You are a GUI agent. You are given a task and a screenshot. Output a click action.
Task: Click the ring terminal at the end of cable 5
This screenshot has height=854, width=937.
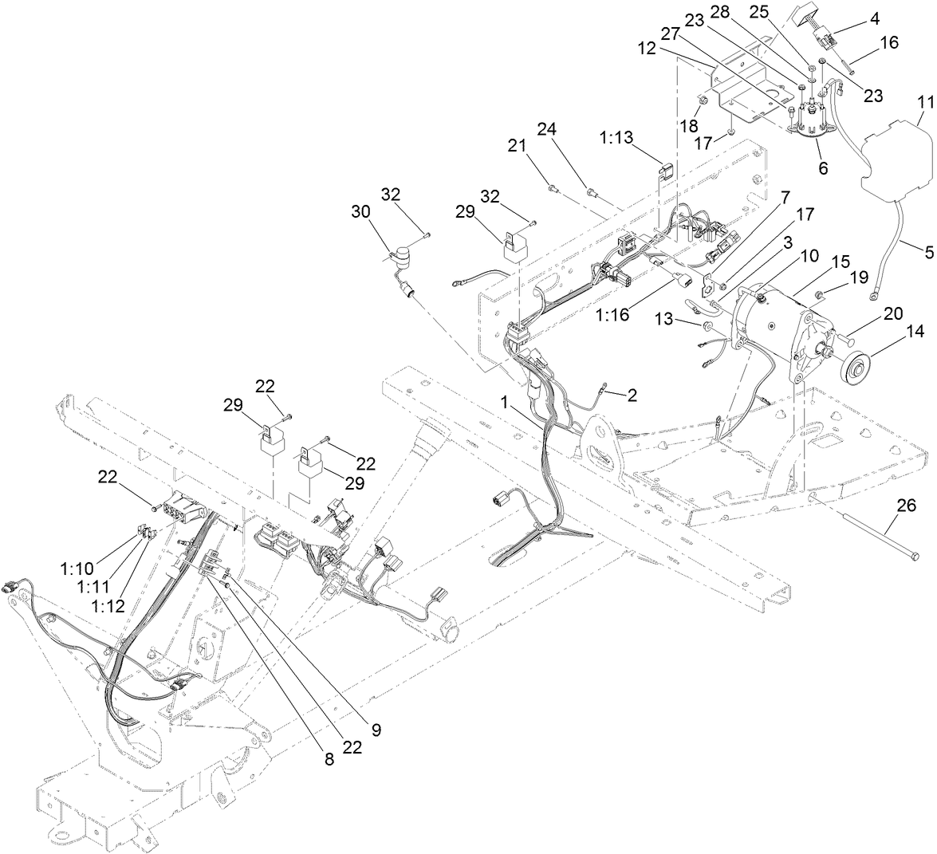pos(876,296)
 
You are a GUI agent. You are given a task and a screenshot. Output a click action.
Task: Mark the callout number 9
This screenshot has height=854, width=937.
pos(375,728)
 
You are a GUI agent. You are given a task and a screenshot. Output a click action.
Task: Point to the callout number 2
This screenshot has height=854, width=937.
pos(632,393)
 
